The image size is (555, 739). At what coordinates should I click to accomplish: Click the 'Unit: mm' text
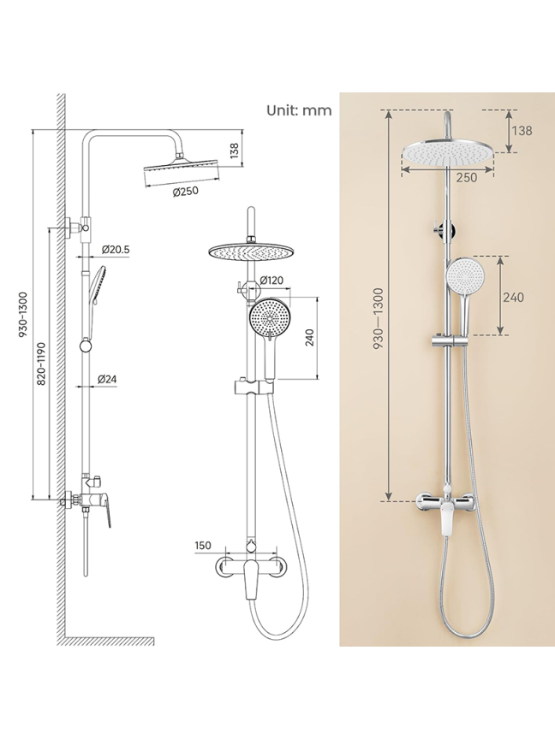click(x=299, y=110)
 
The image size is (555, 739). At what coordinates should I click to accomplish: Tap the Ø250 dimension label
click(x=185, y=192)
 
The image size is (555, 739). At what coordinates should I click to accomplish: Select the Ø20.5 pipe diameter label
click(x=115, y=249)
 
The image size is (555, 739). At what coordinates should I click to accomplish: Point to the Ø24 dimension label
click(x=107, y=378)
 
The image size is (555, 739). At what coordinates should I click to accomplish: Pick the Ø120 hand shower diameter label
click(x=272, y=281)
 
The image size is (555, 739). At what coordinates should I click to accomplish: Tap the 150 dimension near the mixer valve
click(x=202, y=546)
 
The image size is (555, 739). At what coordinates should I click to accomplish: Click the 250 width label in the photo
click(x=467, y=177)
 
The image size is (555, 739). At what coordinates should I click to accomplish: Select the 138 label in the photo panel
click(x=522, y=131)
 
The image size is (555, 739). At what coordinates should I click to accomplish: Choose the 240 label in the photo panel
click(x=513, y=298)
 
